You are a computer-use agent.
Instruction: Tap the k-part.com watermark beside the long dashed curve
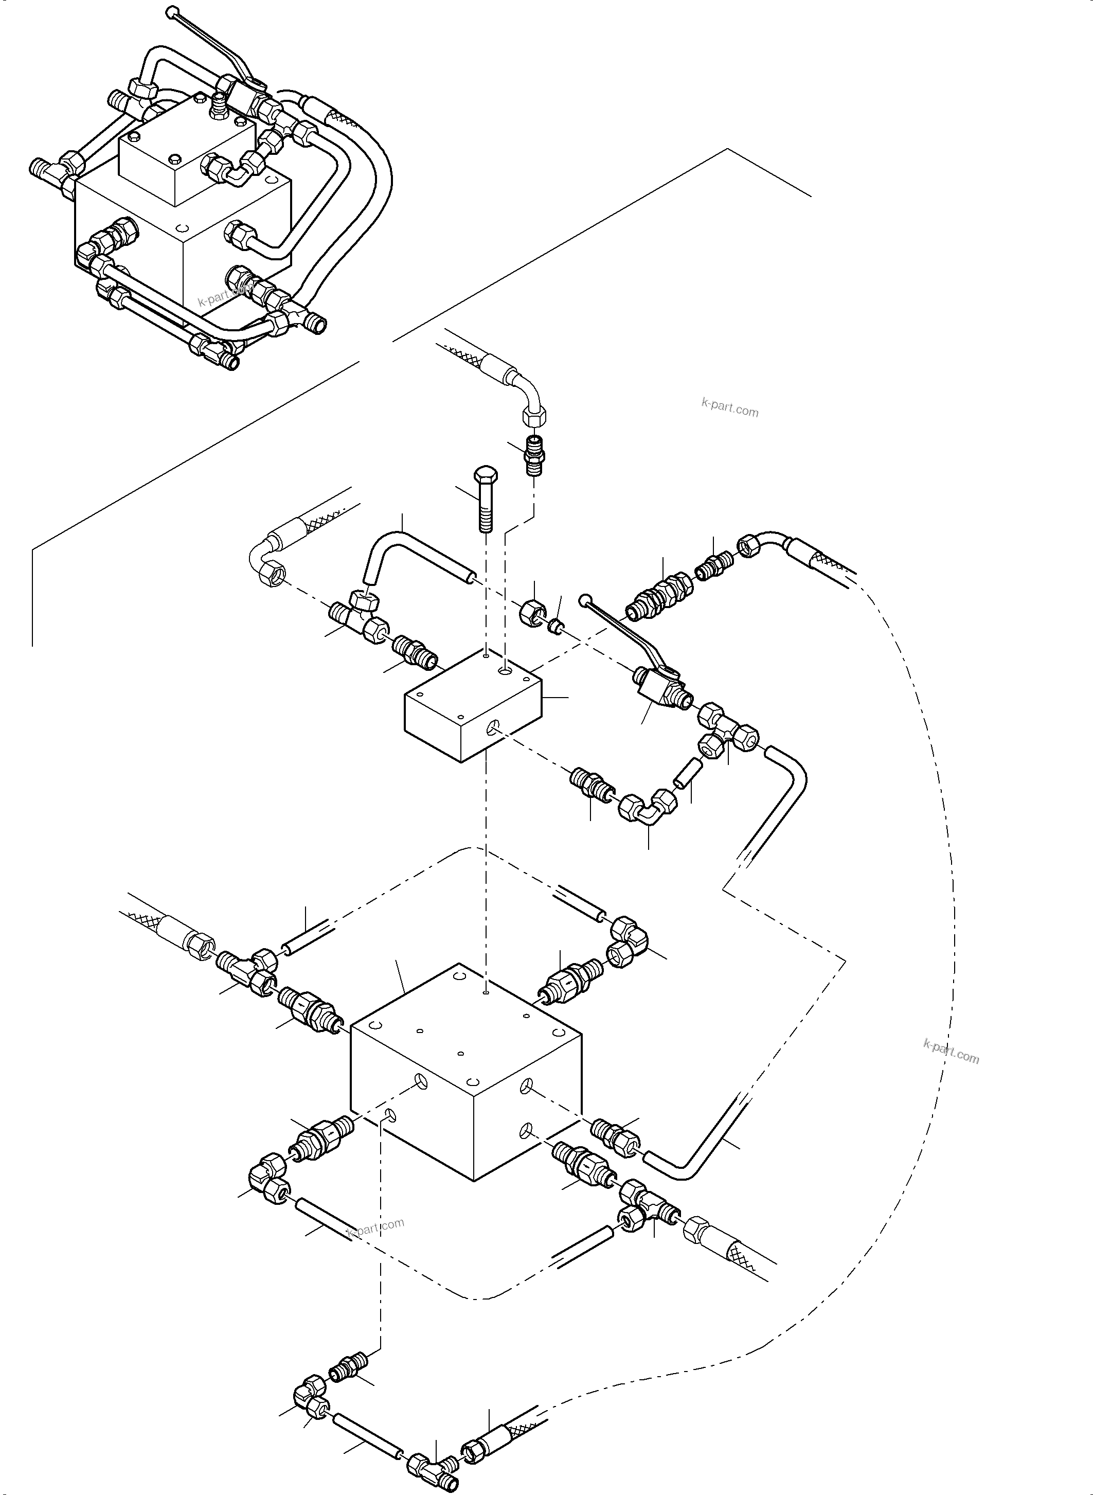[951, 1051]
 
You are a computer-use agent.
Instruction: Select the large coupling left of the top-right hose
[658, 592]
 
